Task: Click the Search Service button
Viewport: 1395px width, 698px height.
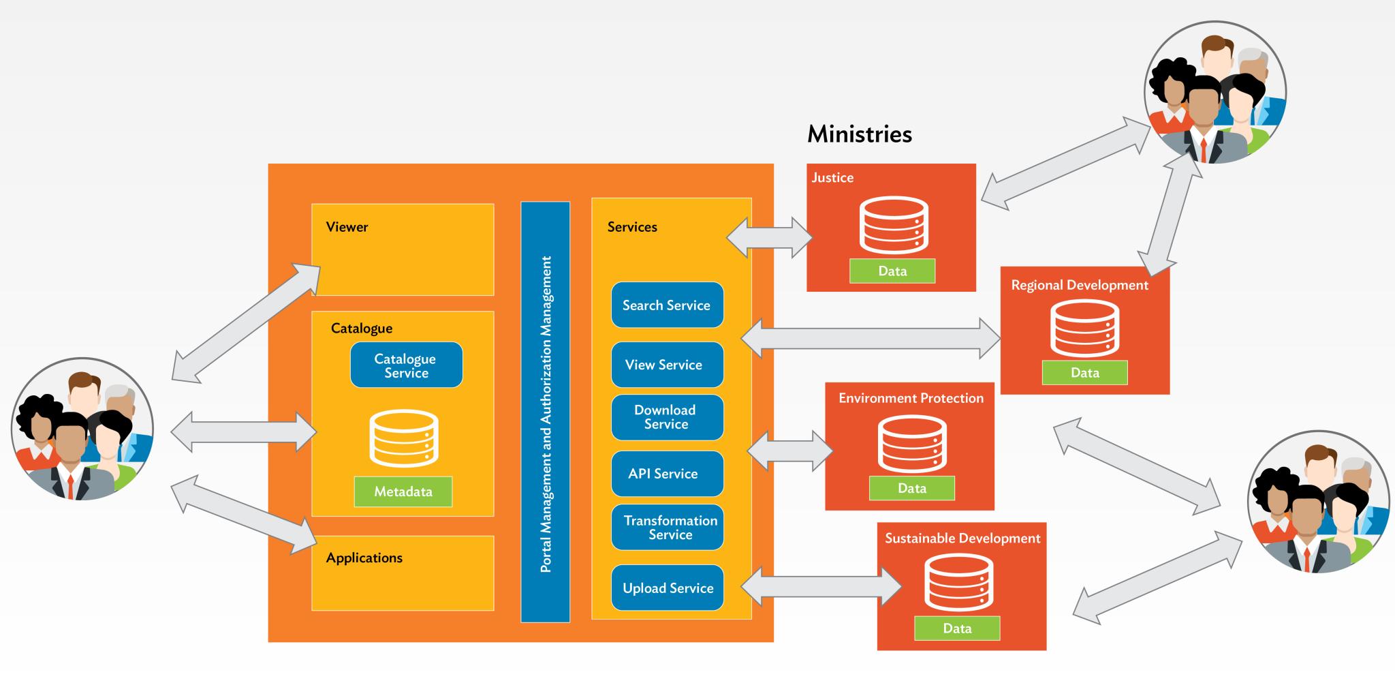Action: tap(667, 305)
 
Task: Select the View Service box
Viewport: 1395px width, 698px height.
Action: tap(667, 365)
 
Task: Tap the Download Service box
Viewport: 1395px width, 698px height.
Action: tap(667, 417)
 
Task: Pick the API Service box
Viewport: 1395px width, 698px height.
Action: tap(667, 474)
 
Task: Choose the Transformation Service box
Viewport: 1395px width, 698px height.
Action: tap(667, 528)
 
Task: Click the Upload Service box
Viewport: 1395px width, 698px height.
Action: tap(667, 588)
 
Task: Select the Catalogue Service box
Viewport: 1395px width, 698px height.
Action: tap(406, 365)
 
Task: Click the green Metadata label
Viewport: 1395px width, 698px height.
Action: tap(403, 491)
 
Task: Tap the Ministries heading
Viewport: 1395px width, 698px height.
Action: tap(859, 134)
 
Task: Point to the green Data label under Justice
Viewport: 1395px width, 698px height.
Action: tap(892, 271)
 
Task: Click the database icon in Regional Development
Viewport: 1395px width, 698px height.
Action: tap(1084, 329)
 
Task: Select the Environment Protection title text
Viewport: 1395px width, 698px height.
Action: tap(911, 398)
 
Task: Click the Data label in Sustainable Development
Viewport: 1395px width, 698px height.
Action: tap(956, 628)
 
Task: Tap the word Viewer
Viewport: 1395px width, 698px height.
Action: tap(347, 227)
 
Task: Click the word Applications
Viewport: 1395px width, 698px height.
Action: tap(364, 558)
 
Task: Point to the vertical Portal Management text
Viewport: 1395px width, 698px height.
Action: tap(546, 414)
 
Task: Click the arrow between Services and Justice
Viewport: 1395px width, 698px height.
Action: tap(770, 238)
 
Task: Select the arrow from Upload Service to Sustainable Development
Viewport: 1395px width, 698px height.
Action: tap(821, 587)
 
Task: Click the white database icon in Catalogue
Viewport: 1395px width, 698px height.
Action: tap(403, 438)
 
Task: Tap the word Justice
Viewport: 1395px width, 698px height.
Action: tap(832, 178)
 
